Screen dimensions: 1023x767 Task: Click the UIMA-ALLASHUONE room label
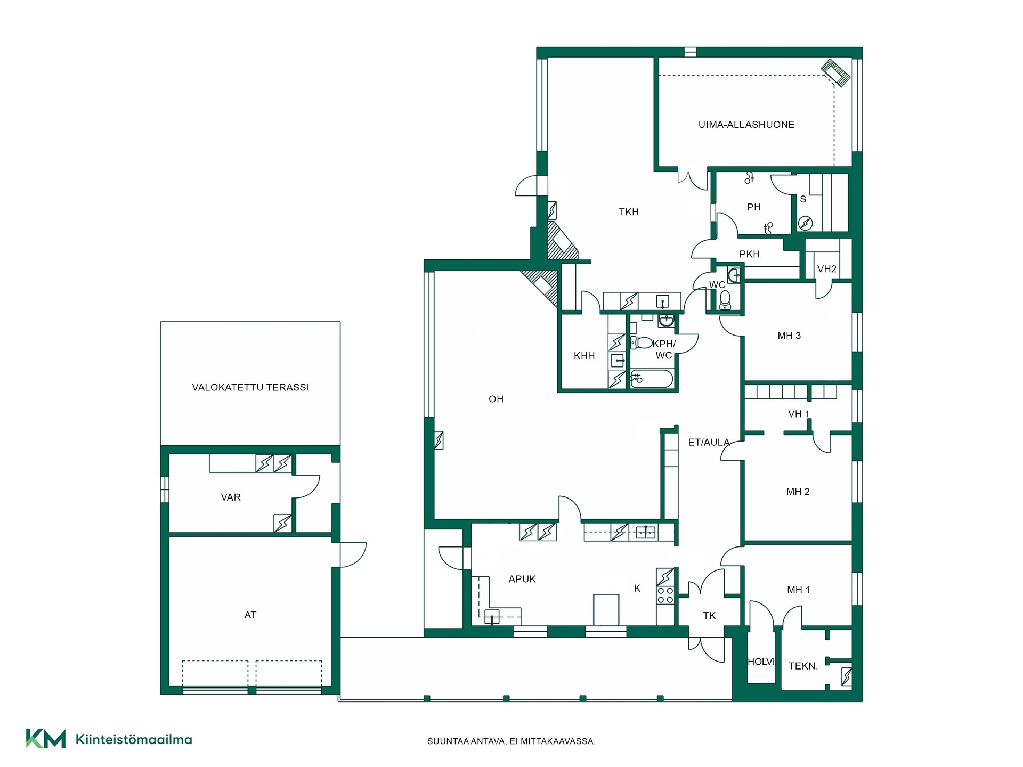point(746,125)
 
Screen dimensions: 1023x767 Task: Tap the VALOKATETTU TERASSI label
point(250,387)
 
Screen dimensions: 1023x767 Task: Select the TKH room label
point(629,212)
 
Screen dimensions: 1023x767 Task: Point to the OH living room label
point(496,399)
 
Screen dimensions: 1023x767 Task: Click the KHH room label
point(584,356)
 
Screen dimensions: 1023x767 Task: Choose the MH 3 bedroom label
point(789,336)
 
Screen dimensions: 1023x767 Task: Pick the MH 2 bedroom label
point(798,492)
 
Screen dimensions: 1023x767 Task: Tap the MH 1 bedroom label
point(798,590)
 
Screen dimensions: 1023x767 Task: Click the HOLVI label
point(761,662)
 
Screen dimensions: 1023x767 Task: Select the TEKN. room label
point(803,666)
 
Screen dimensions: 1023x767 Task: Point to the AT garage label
point(250,615)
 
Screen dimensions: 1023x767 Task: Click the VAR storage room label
point(231,497)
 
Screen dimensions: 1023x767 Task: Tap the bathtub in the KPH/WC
point(652,379)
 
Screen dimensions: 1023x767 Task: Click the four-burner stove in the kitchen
point(665,595)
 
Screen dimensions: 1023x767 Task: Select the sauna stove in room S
point(805,223)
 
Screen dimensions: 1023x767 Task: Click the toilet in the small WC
point(725,300)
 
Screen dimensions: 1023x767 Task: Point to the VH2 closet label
point(827,269)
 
